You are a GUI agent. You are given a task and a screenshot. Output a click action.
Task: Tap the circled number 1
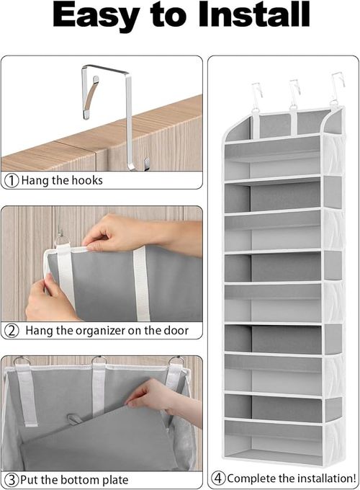coord(12,180)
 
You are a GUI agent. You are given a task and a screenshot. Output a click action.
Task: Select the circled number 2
coord(12,331)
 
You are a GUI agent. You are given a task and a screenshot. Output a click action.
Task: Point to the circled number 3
coord(11,480)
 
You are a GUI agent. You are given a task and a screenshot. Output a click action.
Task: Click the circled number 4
coord(218,478)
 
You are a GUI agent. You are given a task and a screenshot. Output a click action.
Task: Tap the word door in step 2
coord(176,331)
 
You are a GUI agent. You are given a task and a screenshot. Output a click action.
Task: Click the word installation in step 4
coord(315,478)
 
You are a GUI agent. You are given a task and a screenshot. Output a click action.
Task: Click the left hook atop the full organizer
coord(256,94)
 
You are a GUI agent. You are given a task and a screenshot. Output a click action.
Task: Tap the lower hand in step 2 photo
coord(43,297)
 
